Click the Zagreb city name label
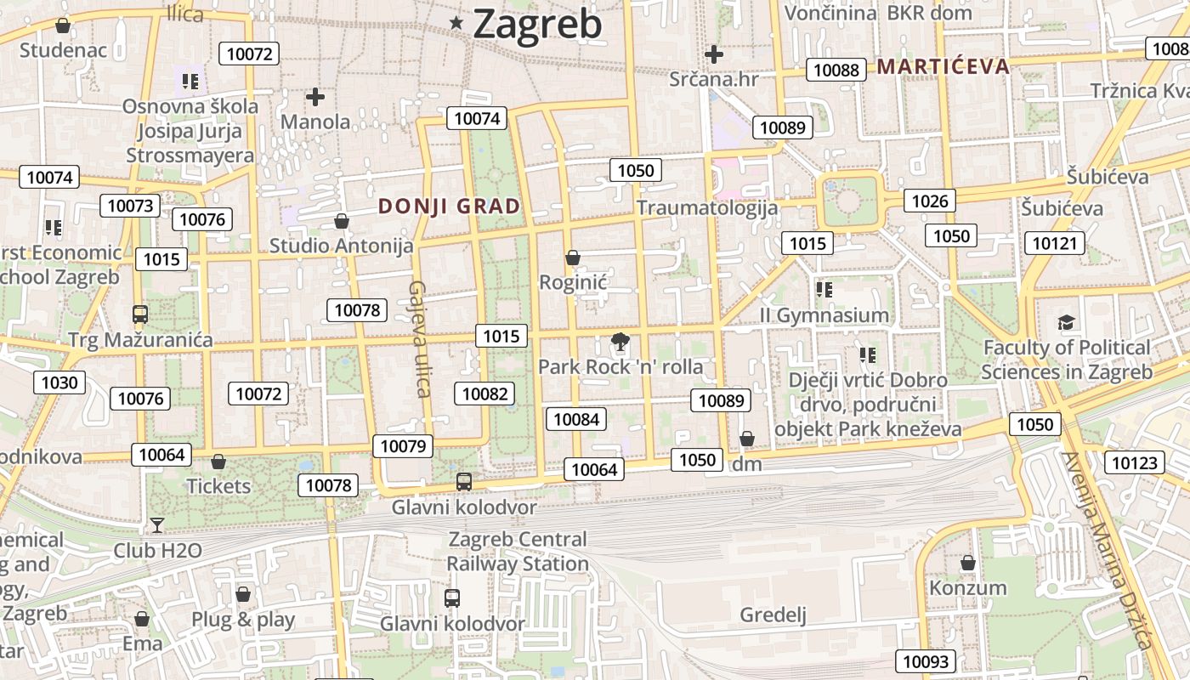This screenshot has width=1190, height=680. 537,24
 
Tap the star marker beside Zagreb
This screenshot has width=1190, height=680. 456,23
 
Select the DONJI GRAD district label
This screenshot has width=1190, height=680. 449,206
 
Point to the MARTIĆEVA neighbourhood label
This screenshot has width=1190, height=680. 943,65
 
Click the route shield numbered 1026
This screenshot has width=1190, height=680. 929,201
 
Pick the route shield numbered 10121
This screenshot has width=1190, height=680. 1055,243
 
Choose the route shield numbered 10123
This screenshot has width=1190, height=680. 1135,462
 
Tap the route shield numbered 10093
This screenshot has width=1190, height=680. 926,661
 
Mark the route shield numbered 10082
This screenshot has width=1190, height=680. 484,394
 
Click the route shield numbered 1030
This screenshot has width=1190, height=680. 59,382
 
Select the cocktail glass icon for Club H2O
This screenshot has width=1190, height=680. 157,524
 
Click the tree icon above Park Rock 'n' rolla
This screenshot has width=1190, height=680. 620,343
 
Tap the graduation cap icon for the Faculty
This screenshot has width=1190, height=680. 1066,322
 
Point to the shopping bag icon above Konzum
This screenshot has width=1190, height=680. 967,563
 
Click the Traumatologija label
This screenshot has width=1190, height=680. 707,207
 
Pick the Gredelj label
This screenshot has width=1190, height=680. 773,615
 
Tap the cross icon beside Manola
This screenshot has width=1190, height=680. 315,97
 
